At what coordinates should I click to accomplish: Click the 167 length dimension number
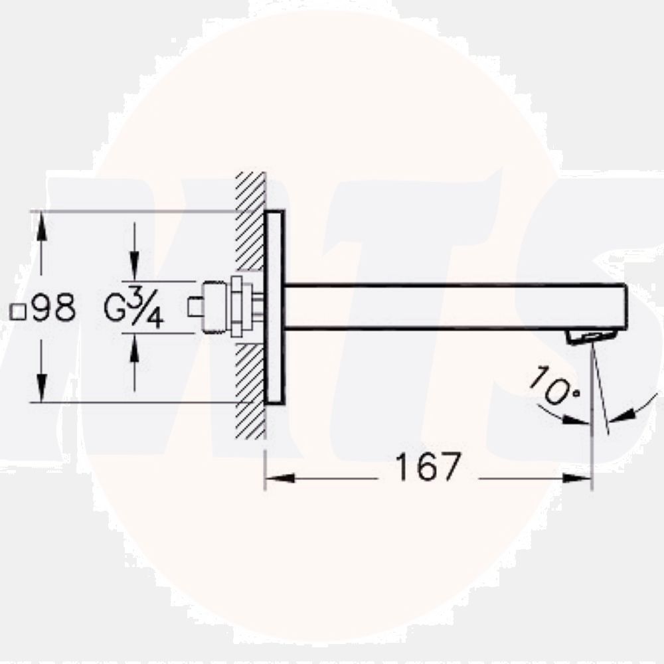(x=428, y=467)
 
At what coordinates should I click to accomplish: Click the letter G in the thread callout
(x=116, y=309)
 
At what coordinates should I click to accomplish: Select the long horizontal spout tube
(x=452, y=307)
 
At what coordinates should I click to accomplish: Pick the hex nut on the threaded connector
(x=237, y=307)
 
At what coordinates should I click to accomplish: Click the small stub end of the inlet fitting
(x=195, y=307)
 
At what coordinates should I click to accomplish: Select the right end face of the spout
(x=624, y=307)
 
